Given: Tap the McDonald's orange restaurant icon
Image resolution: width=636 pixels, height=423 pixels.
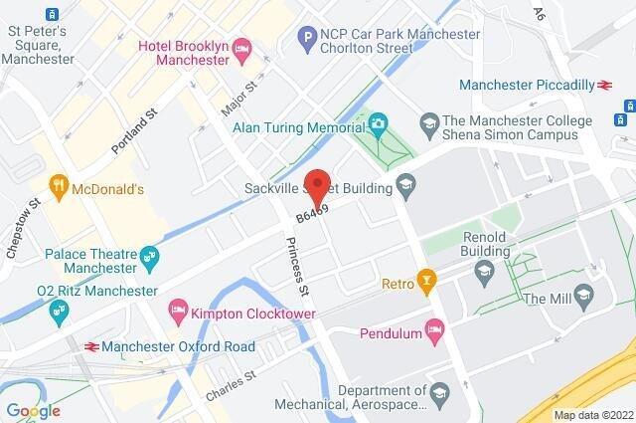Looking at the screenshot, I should (x=60, y=185).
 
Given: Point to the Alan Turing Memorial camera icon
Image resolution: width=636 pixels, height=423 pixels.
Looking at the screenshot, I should (x=378, y=124).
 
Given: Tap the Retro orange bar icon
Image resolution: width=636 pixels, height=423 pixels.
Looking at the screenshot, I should (x=426, y=282).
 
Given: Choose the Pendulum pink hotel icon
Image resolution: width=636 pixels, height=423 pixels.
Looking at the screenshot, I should (x=433, y=327).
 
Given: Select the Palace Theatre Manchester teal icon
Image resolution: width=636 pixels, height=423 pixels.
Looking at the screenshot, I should (x=150, y=257).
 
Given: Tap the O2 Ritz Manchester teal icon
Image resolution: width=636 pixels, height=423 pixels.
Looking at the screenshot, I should (x=59, y=310).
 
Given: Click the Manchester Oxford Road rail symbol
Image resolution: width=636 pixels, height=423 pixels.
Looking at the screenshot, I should (x=90, y=346).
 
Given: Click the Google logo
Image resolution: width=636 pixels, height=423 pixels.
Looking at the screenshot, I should (x=33, y=410).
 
